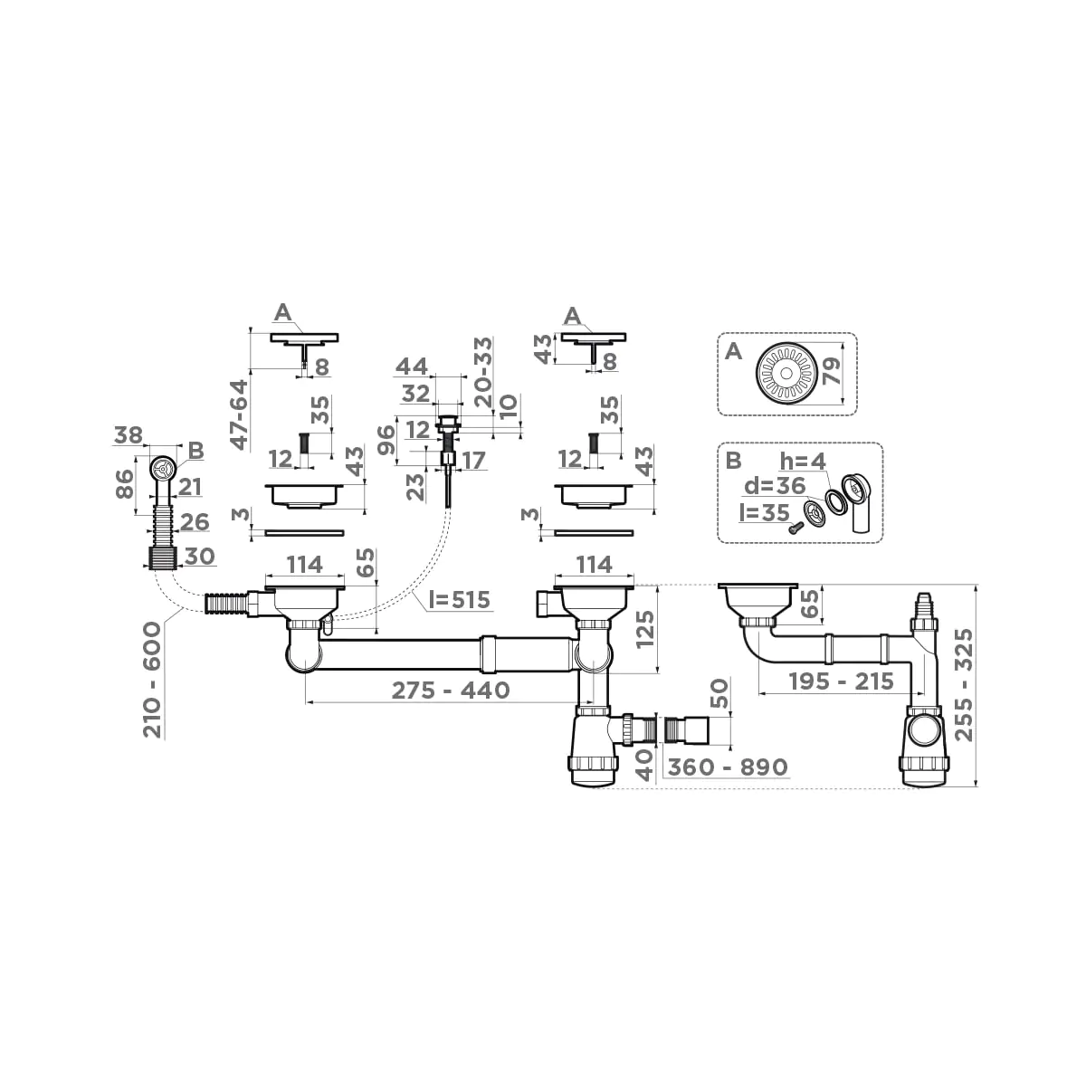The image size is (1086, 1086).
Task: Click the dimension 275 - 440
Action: click(450, 690)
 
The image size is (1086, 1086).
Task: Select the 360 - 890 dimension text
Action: click(727, 767)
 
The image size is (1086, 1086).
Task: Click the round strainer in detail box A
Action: click(784, 373)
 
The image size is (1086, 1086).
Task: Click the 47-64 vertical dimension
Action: click(239, 414)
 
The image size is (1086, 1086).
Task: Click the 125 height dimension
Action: click(643, 629)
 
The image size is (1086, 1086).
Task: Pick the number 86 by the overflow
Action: click(126, 484)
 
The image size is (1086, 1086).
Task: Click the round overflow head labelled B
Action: click(161, 468)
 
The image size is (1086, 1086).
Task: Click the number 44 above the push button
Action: click(411, 367)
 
